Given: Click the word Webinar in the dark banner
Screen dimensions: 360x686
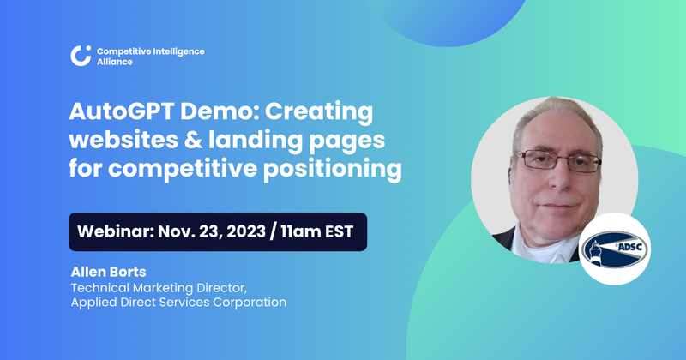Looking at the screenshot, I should pyautogui.click(x=115, y=232).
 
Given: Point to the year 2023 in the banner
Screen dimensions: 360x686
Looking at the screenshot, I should pyautogui.click(x=246, y=232).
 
